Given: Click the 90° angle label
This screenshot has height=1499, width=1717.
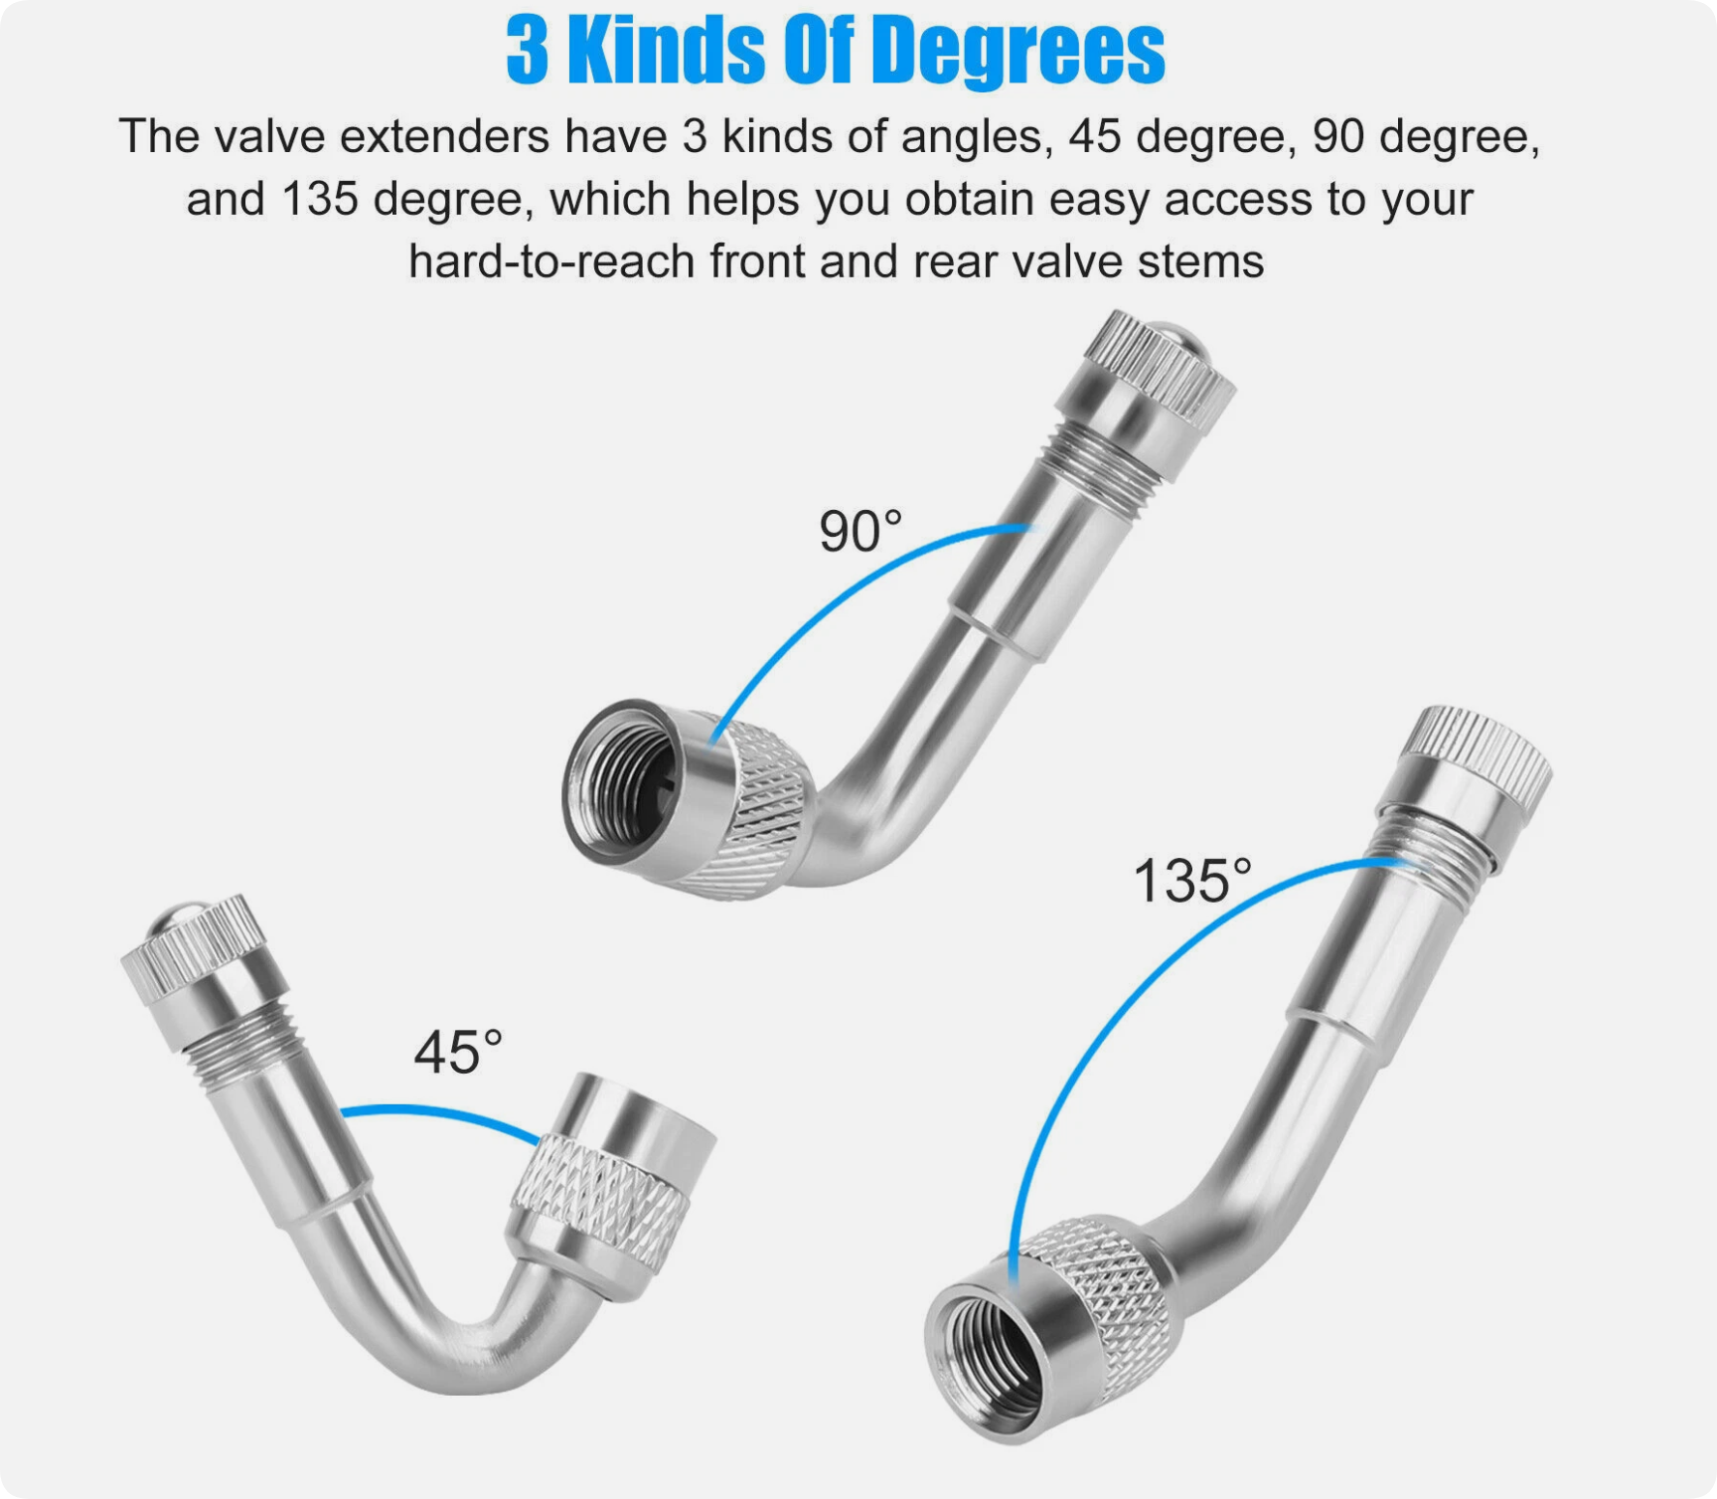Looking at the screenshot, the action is pos(860,531).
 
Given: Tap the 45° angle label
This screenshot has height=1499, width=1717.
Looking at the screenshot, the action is pos(458,1052).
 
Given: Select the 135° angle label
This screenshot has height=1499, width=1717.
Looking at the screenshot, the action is pos(1192,881).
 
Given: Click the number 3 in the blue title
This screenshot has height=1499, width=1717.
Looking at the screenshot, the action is pos(527,52).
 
